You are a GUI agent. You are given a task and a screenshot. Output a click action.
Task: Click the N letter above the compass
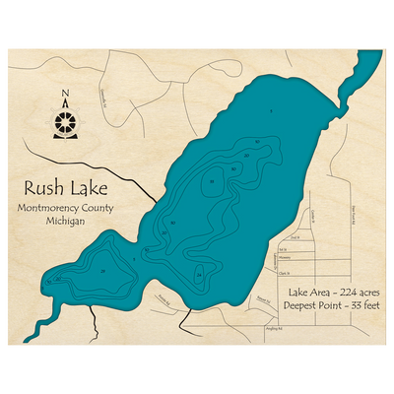(65, 96)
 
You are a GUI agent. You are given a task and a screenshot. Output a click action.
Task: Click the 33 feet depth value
(353, 306)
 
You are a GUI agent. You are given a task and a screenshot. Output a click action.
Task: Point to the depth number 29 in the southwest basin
(102, 270)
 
